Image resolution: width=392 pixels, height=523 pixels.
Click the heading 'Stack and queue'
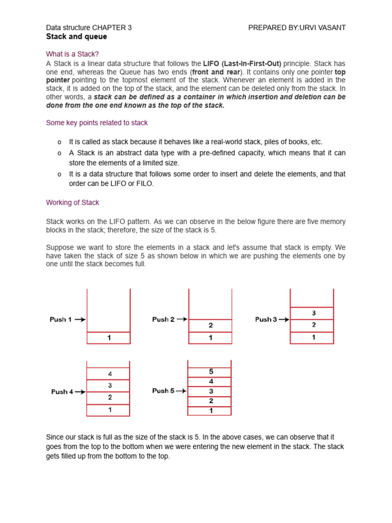point(77,37)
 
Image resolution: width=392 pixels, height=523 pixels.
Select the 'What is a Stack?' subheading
point(73,54)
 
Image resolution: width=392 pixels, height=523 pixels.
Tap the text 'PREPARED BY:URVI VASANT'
point(297,28)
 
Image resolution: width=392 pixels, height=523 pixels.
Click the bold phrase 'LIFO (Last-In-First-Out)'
point(242,64)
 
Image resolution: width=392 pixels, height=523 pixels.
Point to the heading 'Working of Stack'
point(72,203)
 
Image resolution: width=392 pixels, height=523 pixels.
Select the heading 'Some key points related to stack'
point(96,123)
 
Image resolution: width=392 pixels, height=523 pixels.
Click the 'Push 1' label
point(61,319)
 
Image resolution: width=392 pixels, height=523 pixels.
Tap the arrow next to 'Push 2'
point(182,319)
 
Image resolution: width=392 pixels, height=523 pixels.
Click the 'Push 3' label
point(266,319)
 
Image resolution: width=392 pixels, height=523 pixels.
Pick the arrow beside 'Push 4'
point(81,392)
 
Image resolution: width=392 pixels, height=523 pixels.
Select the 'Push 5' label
point(163,391)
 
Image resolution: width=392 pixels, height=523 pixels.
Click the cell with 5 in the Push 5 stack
point(210,371)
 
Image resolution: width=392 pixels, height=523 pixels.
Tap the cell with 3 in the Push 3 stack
point(312,313)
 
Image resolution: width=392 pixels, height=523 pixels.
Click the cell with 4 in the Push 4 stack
point(109,373)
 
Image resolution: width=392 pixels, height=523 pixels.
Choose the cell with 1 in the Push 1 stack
point(109,338)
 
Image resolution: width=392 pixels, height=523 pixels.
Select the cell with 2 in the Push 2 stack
point(210,325)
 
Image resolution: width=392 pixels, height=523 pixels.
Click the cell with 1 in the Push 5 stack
point(210,411)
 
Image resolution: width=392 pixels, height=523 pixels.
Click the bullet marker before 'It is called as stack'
point(59,142)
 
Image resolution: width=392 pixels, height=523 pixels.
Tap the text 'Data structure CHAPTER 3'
point(89,28)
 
